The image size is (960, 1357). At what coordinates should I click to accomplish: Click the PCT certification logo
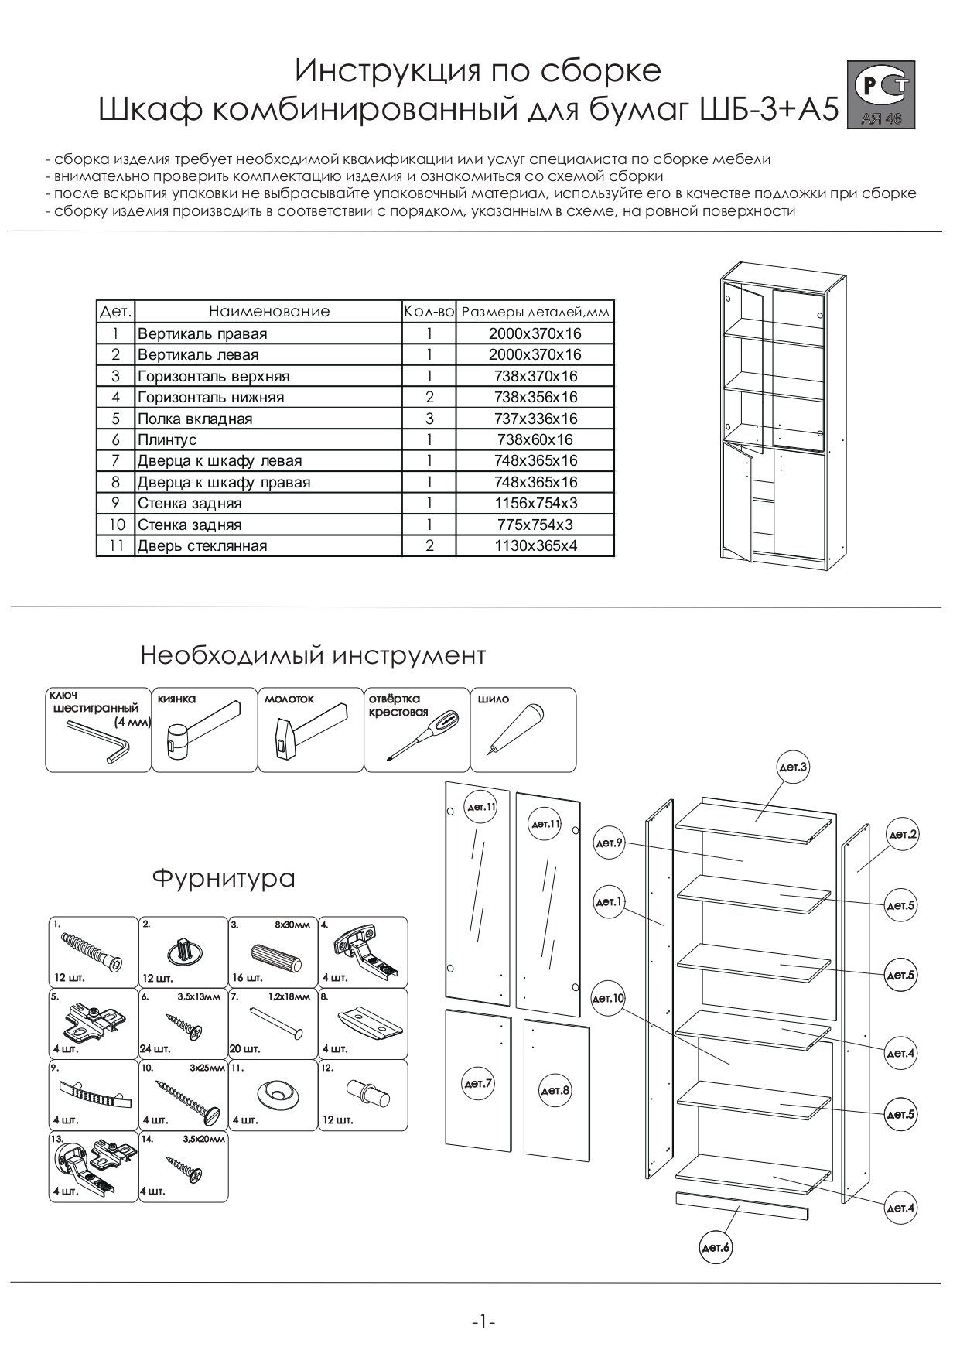(x=882, y=94)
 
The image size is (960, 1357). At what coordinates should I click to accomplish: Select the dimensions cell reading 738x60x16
(x=535, y=439)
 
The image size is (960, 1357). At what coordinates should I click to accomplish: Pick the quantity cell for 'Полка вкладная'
(x=429, y=419)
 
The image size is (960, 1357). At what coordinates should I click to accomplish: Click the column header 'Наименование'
(x=268, y=312)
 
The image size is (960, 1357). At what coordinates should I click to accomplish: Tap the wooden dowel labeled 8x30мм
(x=275, y=957)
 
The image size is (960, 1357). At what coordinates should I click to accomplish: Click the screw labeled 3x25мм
(x=190, y=1096)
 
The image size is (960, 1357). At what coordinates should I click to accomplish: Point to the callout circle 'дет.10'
(x=608, y=999)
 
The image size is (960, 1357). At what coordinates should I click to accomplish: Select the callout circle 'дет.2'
(x=902, y=835)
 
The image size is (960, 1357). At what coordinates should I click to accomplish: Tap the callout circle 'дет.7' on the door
(x=478, y=1084)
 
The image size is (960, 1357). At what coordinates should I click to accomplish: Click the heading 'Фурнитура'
(x=223, y=878)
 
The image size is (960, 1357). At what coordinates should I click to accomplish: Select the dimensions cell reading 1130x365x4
(x=535, y=545)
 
